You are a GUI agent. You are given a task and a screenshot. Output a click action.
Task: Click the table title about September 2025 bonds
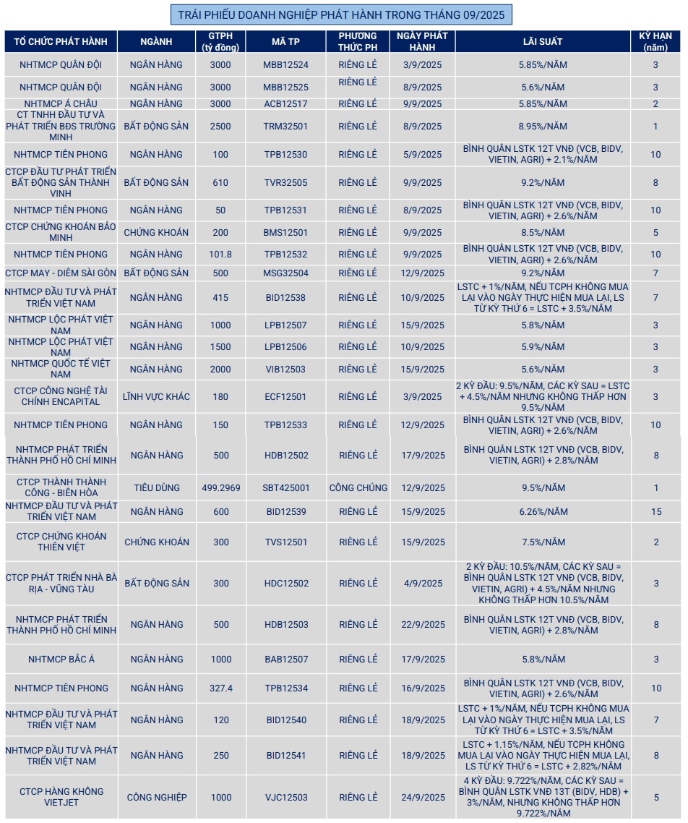coord(341,14)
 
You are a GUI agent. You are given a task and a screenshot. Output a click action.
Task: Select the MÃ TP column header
coord(285,41)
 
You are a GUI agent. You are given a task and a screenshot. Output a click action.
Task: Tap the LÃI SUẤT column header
coord(542,41)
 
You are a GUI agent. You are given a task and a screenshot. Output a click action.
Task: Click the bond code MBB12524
coord(285,64)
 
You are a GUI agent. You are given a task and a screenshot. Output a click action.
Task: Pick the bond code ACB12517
coord(285,103)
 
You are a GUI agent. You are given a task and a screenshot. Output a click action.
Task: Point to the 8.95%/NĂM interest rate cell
coord(542,126)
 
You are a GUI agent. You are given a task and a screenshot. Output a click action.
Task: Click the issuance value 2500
coord(220,126)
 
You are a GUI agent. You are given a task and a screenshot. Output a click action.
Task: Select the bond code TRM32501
coord(285,126)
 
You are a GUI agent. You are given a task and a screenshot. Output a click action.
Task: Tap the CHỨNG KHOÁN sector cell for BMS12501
coord(156,232)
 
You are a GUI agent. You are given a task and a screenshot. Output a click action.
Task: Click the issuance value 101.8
coord(220,254)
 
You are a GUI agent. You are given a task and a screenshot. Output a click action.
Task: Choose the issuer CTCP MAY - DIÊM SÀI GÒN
coord(61,273)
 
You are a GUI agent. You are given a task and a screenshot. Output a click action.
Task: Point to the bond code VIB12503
coord(285,369)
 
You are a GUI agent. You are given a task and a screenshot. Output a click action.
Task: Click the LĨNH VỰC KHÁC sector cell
coord(156,396)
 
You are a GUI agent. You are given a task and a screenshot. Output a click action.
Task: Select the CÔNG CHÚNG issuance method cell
coord(358,487)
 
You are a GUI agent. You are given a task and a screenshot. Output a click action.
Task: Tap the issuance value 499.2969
coord(220,487)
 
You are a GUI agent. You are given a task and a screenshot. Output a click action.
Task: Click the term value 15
coord(655,511)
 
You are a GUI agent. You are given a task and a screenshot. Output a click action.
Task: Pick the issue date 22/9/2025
coord(423,624)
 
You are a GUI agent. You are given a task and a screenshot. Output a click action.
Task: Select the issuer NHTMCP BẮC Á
coord(61,659)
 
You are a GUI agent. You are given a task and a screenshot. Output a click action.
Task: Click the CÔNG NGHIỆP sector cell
coord(156,797)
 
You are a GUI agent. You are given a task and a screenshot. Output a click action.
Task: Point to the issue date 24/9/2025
coord(423,797)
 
